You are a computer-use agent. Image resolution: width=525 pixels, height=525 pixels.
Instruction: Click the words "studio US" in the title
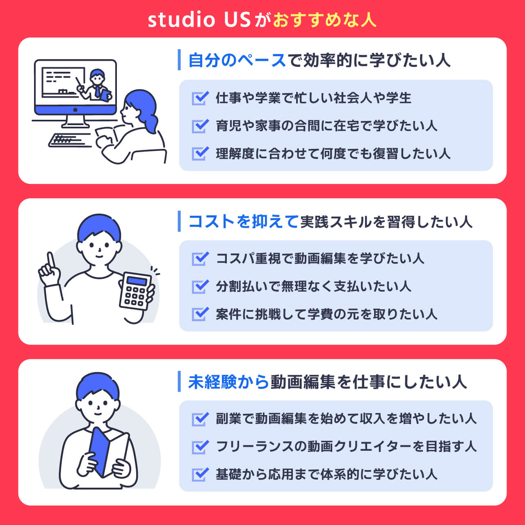click(x=199, y=20)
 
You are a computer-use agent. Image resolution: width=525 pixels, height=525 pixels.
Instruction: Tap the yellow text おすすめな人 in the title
click(x=324, y=20)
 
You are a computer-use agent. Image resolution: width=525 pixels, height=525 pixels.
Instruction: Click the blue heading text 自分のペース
click(x=237, y=60)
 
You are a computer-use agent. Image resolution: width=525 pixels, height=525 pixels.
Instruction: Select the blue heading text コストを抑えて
click(x=243, y=221)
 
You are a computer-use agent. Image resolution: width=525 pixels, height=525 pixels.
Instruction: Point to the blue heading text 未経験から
click(x=228, y=382)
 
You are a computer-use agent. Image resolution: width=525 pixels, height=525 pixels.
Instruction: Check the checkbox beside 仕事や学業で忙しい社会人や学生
click(x=200, y=98)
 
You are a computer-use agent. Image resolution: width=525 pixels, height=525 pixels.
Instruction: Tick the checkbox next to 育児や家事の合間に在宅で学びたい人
click(x=200, y=126)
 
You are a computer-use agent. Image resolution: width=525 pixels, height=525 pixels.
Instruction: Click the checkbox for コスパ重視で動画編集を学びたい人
click(x=200, y=258)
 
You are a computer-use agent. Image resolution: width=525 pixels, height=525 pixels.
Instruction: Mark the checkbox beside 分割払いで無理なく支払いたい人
click(x=200, y=287)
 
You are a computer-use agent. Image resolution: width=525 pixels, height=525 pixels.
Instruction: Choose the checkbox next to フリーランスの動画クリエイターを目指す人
click(x=200, y=447)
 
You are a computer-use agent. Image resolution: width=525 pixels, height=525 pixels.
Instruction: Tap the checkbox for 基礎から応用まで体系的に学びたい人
click(x=200, y=475)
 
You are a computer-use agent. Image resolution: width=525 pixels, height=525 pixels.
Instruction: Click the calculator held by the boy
click(x=135, y=291)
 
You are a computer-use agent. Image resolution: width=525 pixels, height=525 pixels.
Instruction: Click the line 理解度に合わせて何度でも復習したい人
click(x=333, y=154)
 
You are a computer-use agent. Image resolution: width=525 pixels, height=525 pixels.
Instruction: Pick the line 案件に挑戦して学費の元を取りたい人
click(x=326, y=315)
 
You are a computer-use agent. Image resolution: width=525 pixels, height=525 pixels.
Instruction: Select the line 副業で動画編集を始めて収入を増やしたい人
click(x=346, y=419)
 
